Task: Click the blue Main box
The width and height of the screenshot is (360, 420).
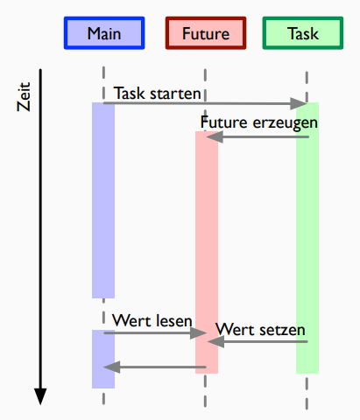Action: tap(104, 33)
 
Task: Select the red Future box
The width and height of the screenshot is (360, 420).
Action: tap(206, 33)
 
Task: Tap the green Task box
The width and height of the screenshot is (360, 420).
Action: tap(303, 33)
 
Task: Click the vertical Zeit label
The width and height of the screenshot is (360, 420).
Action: tap(24, 97)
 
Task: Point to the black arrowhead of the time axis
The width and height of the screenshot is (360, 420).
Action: tap(40, 396)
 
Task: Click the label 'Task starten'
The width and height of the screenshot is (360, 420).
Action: tap(157, 94)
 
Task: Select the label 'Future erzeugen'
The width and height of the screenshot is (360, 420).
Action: tap(258, 122)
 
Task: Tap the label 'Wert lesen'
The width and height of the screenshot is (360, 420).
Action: tap(152, 320)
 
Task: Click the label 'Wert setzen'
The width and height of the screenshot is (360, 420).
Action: tap(260, 330)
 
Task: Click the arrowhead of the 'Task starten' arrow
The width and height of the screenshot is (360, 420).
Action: tap(299, 103)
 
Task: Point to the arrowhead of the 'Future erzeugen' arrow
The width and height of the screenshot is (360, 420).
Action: tap(215, 136)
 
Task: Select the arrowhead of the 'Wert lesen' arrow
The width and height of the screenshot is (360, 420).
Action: tap(198, 332)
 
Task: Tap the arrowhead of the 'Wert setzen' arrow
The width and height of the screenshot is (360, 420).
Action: tap(215, 341)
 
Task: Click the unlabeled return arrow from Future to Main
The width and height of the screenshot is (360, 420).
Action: tap(155, 367)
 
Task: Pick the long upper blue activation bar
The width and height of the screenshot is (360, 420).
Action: tap(103, 200)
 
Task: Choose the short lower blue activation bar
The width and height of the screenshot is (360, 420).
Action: tap(103, 359)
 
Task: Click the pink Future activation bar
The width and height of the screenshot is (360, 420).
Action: tap(207, 252)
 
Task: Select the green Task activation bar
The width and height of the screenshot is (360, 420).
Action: tap(307, 238)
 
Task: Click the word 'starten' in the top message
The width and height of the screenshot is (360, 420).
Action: tap(175, 94)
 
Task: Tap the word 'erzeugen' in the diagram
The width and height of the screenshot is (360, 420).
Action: tap(286, 123)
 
